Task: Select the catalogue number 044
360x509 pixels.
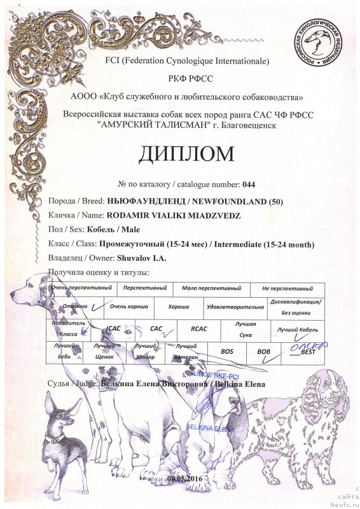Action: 248,185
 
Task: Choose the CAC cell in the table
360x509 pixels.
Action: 155,329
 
